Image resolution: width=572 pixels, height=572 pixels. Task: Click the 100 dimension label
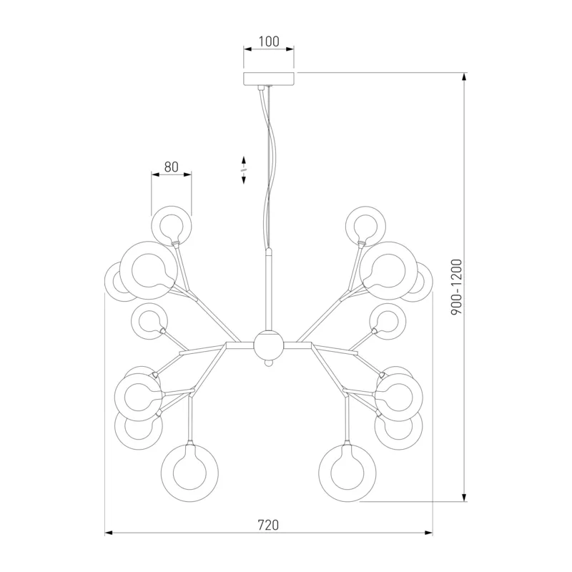coord(269,41)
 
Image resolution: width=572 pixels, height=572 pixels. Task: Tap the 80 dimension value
coord(171,167)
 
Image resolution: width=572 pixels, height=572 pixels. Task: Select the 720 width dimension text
coord(268,525)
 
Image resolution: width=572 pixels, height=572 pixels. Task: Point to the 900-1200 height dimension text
coord(456,287)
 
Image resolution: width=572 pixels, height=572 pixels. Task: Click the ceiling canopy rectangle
coord(269,79)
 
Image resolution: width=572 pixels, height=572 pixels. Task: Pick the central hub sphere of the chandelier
coord(268,345)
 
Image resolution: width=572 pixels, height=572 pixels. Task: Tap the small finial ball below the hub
coord(268,363)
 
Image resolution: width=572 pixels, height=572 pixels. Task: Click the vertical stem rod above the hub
coord(268,289)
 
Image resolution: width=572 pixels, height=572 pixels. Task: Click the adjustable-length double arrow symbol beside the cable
coord(244,169)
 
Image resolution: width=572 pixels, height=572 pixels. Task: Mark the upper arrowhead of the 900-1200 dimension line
coord(464,77)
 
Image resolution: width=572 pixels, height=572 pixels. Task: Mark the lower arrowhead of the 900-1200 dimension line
coord(464,497)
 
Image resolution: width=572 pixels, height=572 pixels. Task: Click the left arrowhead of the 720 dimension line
coord(109,533)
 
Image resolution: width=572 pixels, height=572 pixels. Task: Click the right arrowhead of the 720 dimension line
coord(428,533)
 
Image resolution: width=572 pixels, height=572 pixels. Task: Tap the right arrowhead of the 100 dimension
coord(290,49)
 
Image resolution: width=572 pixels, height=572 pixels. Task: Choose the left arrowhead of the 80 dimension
coord(156,174)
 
